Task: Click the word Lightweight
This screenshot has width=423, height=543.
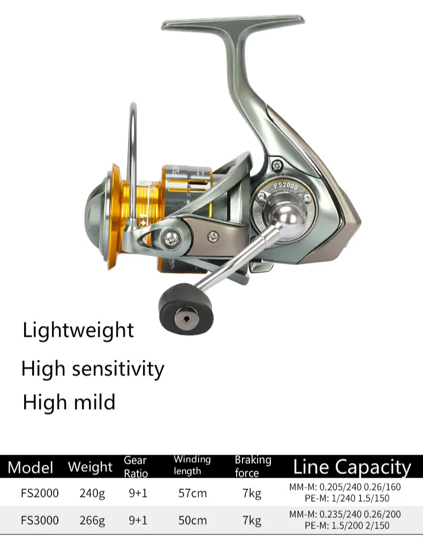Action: [x=78, y=330]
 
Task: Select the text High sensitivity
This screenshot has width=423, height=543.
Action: [x=93, y=368]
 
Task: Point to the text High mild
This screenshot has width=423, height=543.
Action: [x=69, y=402]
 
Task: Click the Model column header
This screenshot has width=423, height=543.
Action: [x=31, y=467]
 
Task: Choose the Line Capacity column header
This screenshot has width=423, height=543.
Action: [x=352, y=467]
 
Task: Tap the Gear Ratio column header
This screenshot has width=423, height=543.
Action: [x=135, y=466]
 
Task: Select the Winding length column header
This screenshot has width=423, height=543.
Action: [x=192, y=465]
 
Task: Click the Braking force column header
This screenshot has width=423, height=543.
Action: [x=253, y=466]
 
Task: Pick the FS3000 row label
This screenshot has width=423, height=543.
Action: [x=40, y=520]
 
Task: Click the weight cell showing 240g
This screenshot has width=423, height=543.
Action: [x=92, y=493]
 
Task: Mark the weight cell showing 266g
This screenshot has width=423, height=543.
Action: [x=92, y=520]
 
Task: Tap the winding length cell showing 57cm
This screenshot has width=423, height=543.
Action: [x=192, y=493]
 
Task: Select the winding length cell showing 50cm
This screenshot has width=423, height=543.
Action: [x=192, y=520]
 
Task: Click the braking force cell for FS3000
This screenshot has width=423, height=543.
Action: [x=252, y=520]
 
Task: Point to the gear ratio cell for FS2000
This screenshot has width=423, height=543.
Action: [x=138, y=493]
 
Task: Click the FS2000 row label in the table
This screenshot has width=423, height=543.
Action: [x=40, y=493]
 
